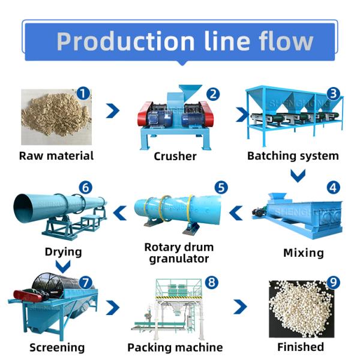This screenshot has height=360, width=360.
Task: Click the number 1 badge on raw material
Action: point(83,94)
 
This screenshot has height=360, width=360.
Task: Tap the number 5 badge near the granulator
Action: point(221,188)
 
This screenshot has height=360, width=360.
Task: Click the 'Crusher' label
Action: point(175,156)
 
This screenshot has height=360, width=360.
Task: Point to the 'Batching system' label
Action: point(293,156)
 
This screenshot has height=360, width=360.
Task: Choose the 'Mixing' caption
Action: point(303,253)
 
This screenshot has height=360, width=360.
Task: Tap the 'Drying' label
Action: point(64,251)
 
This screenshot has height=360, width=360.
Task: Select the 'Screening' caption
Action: point(57,347)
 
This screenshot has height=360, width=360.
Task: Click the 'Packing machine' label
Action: point(175,347)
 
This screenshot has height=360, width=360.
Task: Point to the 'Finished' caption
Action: point(301,347)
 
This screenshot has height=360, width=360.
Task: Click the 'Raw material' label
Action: point(56,156)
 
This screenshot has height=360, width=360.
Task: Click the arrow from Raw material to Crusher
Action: point(112,111)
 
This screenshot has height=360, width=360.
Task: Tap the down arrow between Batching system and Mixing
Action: point(298,175)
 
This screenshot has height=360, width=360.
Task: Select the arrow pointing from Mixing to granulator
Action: point(237,211)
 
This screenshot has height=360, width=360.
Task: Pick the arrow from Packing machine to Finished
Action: point(240,307)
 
